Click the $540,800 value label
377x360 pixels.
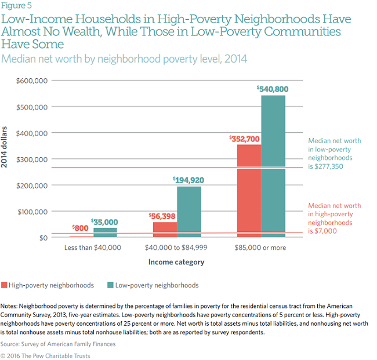click(x=273, y=89)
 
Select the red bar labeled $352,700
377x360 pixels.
click(x=248, y=191)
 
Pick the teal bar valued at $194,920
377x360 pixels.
click(x=188, y=212)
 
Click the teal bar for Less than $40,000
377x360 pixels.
click(x=105, y=232)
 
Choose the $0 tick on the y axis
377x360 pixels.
click(x=42, y=237)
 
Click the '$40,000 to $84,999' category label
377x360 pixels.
click(x=177, y=248)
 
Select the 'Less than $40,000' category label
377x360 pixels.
click(x=93, y=248)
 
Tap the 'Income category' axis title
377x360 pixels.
click(x=177, y=262)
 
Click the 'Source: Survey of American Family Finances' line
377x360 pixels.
click(x=58, y=344)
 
